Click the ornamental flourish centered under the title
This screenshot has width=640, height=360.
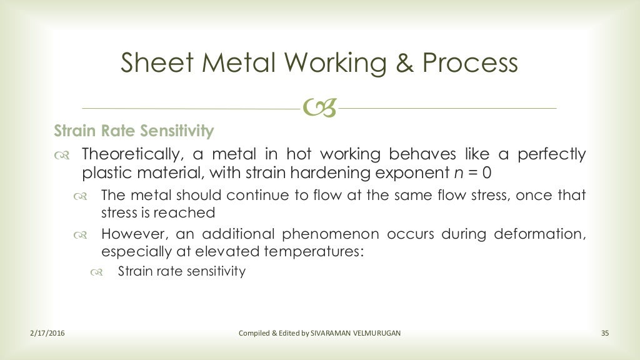click(x=319, y=109)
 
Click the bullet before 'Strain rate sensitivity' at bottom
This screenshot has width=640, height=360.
click(x=96, y=272)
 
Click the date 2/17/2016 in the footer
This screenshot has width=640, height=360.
click(x=47, y=333)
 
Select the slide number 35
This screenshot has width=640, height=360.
click(x=604, y=333)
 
